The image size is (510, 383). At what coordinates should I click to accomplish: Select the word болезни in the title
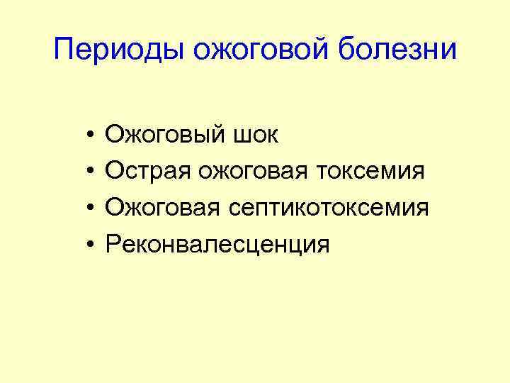[x=400, y=52]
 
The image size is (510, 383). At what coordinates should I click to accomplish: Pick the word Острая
[x=147, y=171]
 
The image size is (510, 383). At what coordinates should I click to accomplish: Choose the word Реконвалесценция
[x=217, y=245]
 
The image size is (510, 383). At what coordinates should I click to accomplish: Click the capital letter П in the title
[x=64, y=50]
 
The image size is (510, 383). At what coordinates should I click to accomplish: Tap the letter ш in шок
[x=239, y=136]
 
